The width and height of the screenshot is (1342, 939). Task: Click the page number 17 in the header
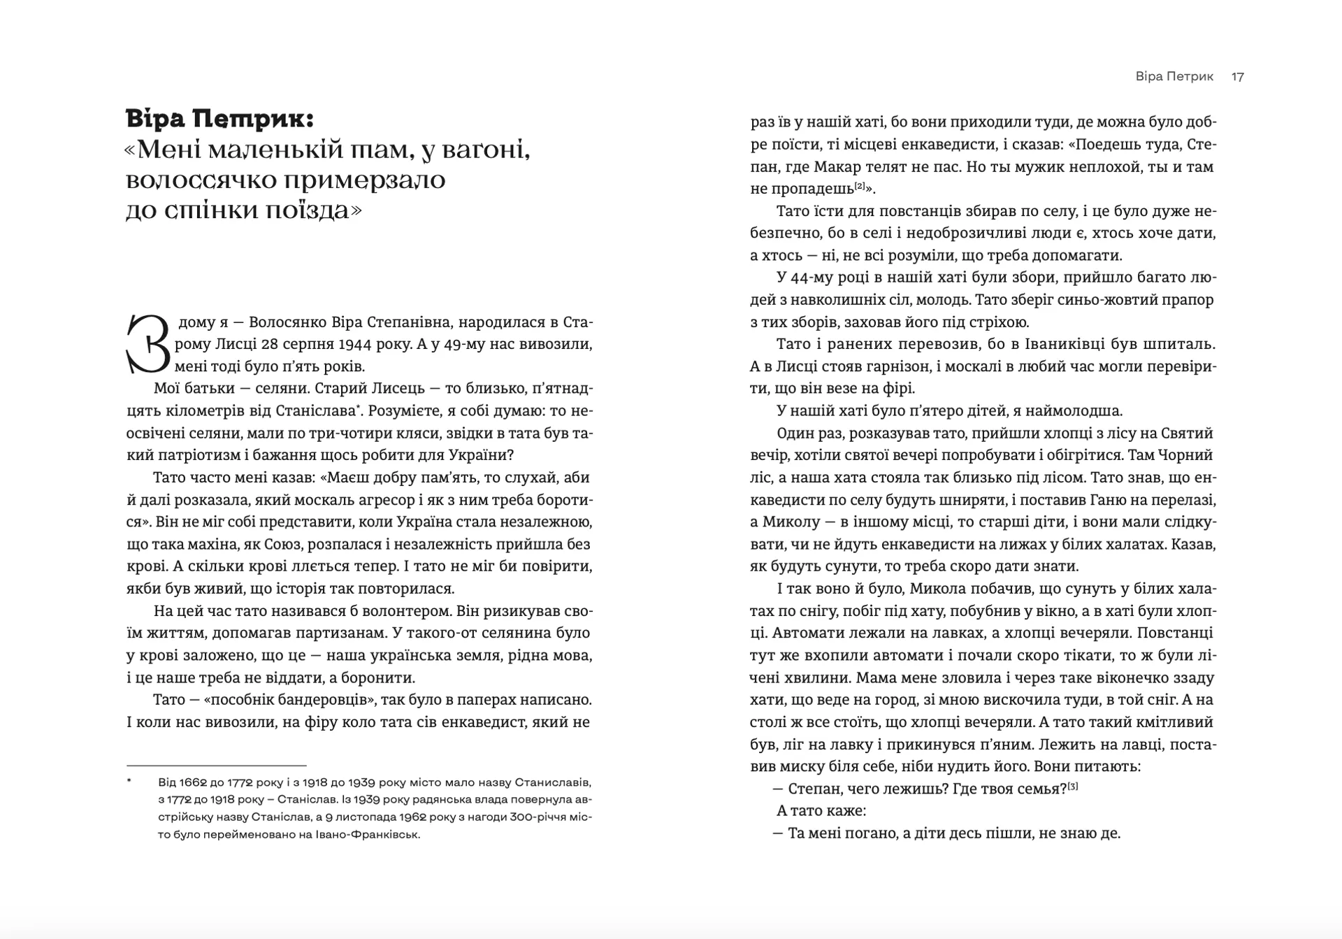(x=1237, y=77)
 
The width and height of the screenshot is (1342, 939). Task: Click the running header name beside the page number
(x=1174, y=77)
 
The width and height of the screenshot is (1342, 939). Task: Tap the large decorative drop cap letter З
(x=148, y=344)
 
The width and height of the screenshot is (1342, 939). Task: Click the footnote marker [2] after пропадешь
(x=860, y=186)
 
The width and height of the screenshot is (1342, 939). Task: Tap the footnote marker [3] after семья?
(x=1073, y=787)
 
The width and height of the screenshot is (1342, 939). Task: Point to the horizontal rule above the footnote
(x=216, y=766)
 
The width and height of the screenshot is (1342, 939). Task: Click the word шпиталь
(x=1181, y=345)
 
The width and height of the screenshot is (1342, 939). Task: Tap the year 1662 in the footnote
(x=191, y=782)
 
